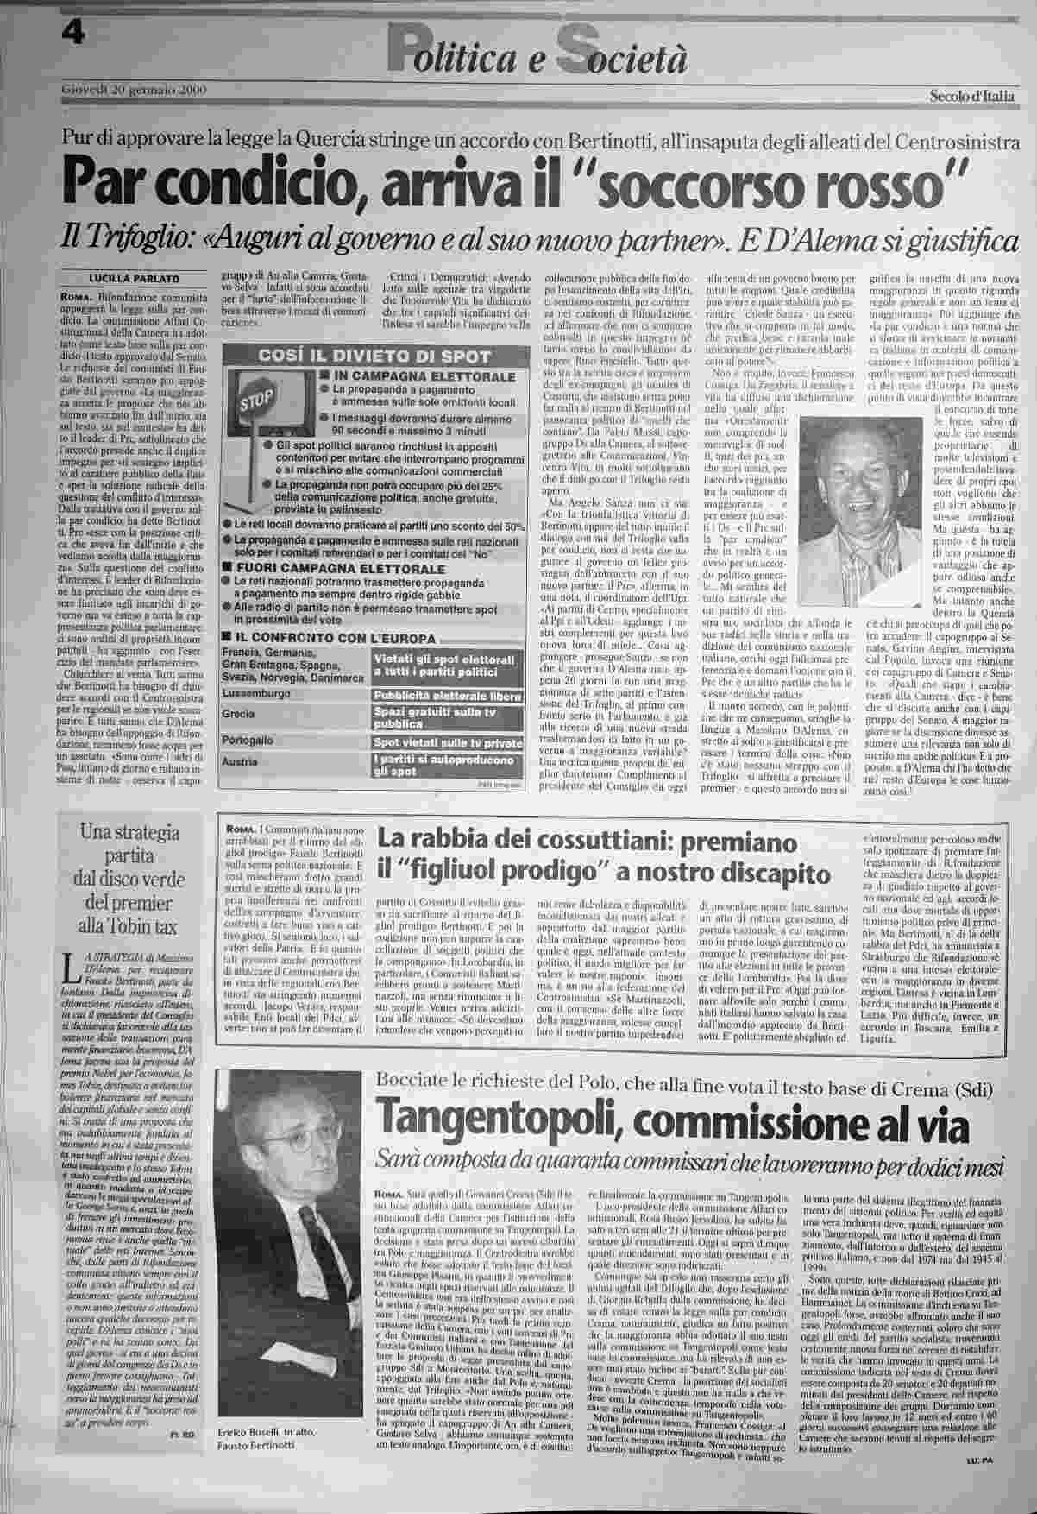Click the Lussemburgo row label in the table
[x=255, y=693]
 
